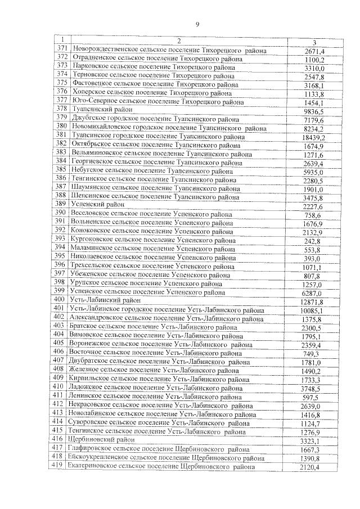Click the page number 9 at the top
point(198,24)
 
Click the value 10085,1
point(312,311)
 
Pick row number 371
point(62,50)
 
